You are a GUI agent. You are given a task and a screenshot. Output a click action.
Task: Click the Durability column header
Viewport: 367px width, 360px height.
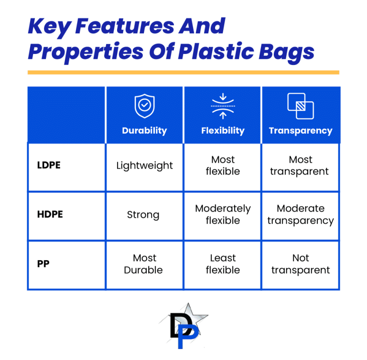click(144, 131)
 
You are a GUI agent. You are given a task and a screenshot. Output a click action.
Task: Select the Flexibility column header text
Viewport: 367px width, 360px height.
click(223, 131)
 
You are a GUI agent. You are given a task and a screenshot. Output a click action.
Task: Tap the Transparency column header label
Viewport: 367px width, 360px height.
click(301, 131)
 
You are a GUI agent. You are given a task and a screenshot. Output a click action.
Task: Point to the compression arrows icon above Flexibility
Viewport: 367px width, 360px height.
click(223, 106)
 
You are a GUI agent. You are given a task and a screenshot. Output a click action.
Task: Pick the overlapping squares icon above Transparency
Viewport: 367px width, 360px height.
click(301, 106)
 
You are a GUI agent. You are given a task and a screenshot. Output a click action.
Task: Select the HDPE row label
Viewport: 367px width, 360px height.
click(50, 214)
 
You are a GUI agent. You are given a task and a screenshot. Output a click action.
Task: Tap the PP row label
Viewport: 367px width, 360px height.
click(43, 264)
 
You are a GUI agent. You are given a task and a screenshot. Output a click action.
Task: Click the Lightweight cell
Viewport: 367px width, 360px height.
click(144, 166)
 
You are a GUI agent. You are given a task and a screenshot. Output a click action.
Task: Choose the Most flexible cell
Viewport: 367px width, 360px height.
click(223, 165)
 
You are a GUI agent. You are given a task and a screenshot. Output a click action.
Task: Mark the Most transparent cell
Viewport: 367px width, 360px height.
click(301, 165)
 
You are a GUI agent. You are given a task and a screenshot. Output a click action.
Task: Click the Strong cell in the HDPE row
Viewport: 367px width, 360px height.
click(143, 215)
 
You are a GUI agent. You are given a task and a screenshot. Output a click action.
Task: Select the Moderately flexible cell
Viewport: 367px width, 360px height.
click(223, 215)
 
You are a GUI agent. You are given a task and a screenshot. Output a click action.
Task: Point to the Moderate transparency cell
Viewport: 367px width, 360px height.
click(301, 215)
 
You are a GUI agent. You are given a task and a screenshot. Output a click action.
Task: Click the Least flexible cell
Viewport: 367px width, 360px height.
click(223, 264)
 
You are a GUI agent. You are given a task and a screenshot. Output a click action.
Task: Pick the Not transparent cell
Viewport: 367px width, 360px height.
click(301, 264)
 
